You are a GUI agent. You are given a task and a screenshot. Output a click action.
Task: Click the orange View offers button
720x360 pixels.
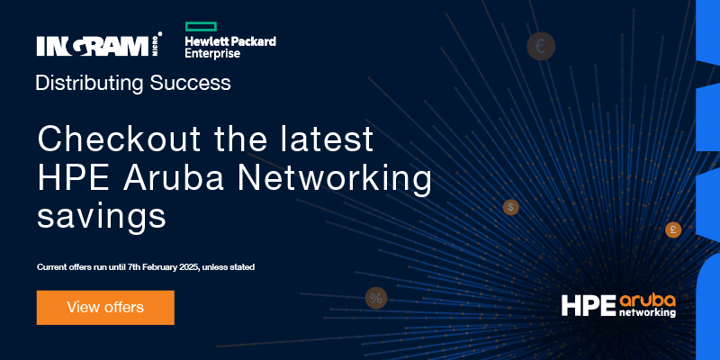(x=105, y=308)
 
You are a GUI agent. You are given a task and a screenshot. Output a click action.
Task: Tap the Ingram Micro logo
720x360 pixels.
(x=99, y=45)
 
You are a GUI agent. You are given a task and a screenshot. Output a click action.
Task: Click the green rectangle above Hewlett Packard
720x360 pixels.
(x=201, y=27)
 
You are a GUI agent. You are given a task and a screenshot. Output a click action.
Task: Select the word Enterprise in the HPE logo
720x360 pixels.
(x=212, y=53)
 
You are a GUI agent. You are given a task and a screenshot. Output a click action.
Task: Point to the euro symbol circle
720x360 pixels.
(x=541, y=47)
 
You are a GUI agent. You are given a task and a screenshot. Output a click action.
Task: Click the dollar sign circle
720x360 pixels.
(x=510, y=207)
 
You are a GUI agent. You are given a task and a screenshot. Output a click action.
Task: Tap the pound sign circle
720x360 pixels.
(x=673, y=229)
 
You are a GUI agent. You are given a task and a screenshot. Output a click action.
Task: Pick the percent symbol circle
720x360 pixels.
(x=376, y=298)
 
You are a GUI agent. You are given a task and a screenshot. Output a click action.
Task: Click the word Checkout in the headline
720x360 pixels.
(x=119, y=139)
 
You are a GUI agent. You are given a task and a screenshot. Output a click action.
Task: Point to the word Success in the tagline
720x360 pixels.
(x=190, y=83)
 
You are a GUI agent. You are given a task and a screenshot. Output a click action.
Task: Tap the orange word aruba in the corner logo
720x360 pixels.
(x=647, y=301)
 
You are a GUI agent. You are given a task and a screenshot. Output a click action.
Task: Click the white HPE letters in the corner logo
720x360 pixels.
(x=589, y=306)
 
